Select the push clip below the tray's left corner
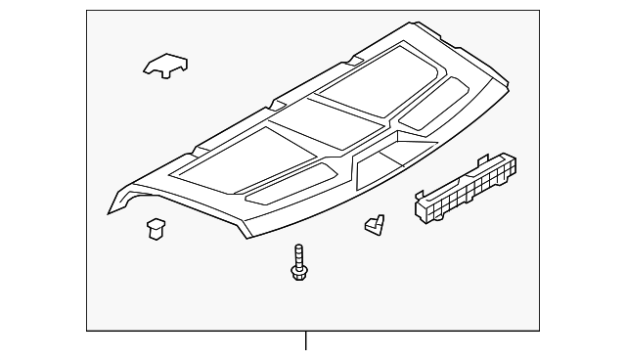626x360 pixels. [156, 228]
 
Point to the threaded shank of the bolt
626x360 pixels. [297, 256]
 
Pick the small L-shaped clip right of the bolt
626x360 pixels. [374, 225]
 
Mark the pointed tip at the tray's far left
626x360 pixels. [109, 213]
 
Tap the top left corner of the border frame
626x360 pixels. [87, 11]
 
